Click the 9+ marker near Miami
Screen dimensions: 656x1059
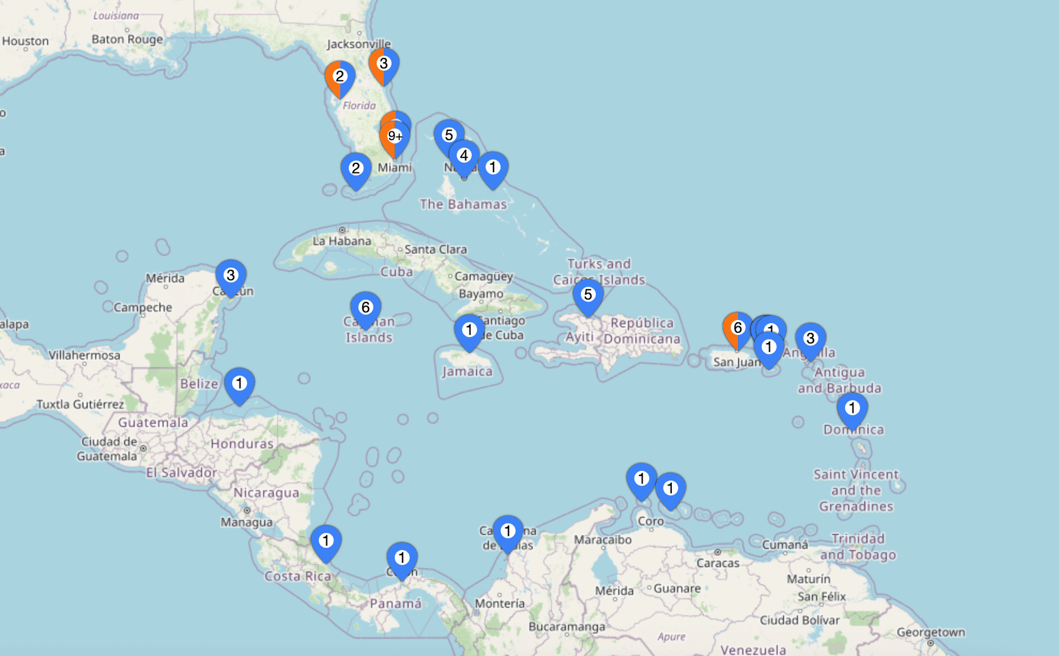pos(394,137)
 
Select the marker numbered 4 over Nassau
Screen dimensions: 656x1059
pos(464,156)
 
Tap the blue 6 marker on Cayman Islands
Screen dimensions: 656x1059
pos(365,308)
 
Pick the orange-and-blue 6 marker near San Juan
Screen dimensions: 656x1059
pos(737,328)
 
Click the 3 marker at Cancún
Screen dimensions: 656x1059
pos(231,275)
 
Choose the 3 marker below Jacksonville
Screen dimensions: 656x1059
pos(384,64)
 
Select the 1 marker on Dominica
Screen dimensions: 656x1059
pos(852,408)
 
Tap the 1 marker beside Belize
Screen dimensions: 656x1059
pos(239,383)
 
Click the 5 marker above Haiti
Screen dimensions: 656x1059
pos(588,295)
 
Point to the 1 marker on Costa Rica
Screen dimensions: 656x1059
pos(326,541)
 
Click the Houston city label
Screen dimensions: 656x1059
pos(25,41)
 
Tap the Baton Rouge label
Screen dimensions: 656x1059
pos(127,39)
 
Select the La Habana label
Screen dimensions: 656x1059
pos(342,241)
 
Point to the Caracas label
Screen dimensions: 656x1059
pos(718,563)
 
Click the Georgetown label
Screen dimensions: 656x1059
pos(930,632)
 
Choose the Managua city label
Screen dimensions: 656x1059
pos(247,522)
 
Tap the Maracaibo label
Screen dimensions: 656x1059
pos(602,540)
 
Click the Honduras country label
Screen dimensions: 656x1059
pos(242,444)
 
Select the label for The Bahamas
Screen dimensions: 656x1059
pos(463,204)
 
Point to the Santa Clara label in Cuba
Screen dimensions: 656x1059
pos(436,249)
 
